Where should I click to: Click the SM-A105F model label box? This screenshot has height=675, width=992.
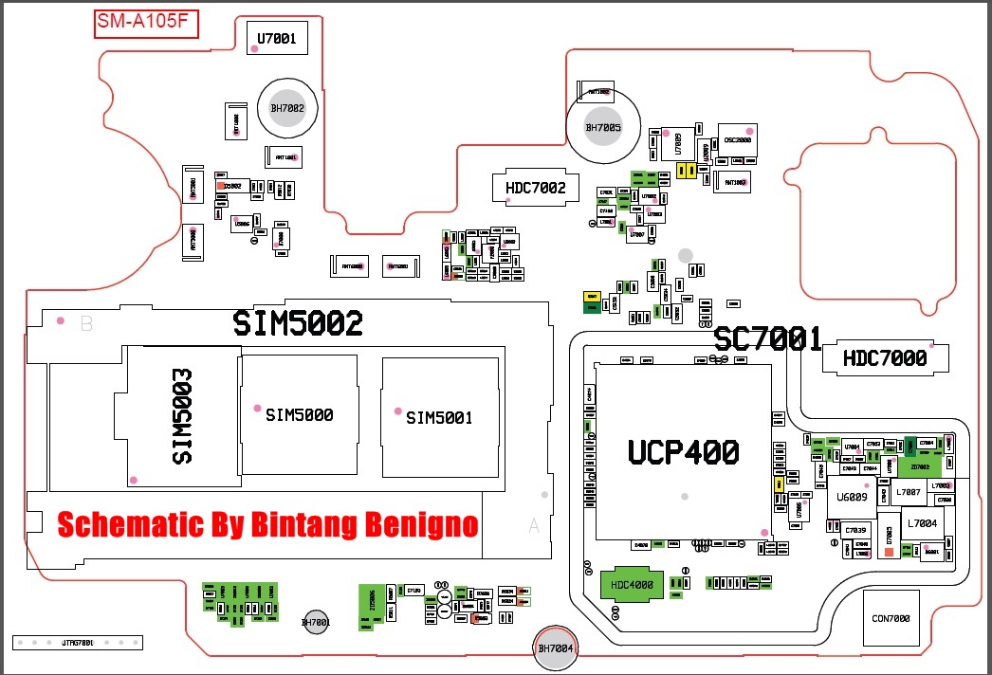pos(145,23)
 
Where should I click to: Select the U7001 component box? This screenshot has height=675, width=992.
pos(276,39)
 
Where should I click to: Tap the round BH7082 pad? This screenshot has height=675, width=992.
pos(287,108)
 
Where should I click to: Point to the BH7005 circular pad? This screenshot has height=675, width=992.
pos(602,127)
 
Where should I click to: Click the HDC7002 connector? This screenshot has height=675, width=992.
pos(535,188)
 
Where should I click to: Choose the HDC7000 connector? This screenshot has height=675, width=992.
pos(885,357)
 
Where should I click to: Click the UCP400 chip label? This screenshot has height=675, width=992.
pos(683,452)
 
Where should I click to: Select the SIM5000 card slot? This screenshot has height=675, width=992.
pos(299,414)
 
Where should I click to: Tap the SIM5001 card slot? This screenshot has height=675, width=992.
pos(439,417)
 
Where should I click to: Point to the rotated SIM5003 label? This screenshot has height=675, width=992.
pos(183,416)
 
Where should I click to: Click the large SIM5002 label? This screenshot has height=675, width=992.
pos(298,324)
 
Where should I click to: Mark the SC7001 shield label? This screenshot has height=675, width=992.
pos(767,338)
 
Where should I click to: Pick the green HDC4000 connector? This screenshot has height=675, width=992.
pos(633,585)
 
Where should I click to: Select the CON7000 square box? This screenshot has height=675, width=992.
pos(891,619)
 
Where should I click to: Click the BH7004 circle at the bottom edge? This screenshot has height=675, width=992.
pos(557,648)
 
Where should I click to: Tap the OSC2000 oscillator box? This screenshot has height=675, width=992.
pos(738,139)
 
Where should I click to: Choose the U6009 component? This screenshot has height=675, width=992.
pos(852,497)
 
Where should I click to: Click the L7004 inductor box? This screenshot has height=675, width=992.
pos(921,523)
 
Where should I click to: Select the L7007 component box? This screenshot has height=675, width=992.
pos(908,493)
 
